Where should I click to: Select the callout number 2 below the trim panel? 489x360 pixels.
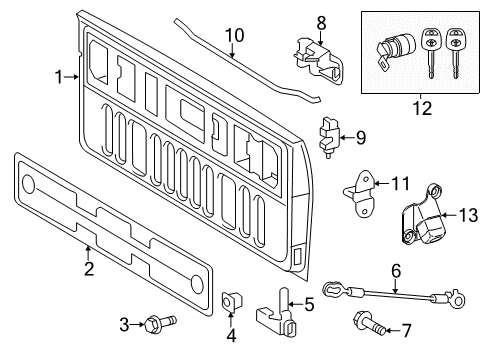[x=89, y=268]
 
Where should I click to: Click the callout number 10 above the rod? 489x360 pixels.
[x=235, y=35]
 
